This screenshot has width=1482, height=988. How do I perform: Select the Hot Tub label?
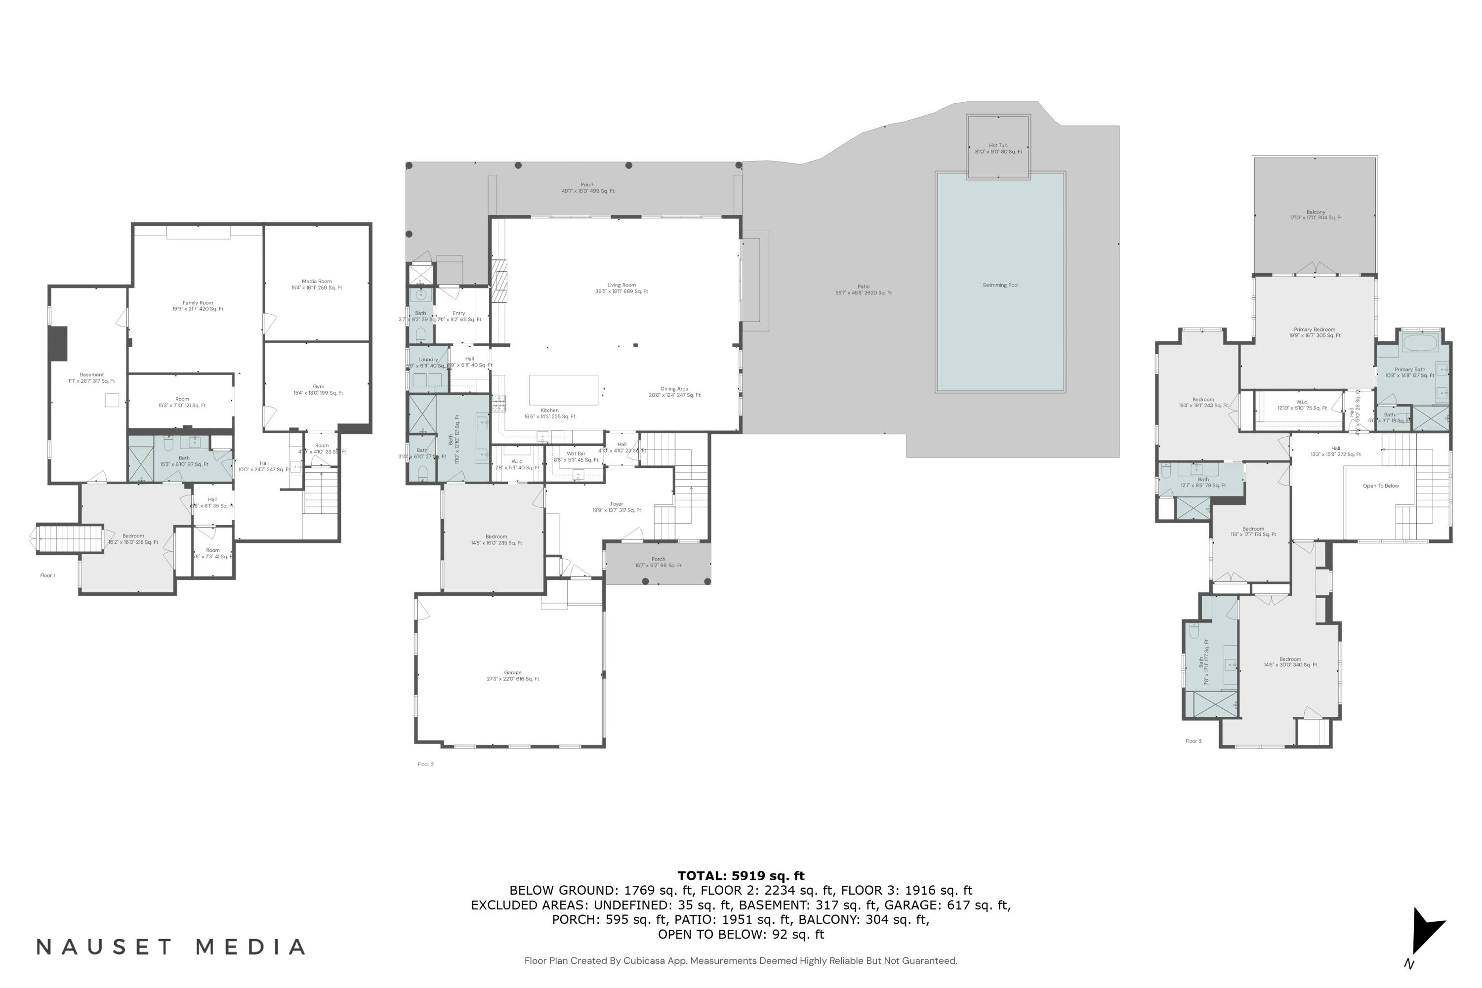(x=998, y=149)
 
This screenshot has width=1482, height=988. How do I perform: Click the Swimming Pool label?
(x=1000, y=286)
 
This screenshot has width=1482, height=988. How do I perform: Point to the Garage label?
(x=512, y=675)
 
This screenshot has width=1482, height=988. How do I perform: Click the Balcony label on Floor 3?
(x=1316, y=215)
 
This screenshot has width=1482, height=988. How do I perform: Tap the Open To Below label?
(x=1381, y=486)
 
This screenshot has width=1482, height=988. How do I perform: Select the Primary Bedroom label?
(x=1315, y=332)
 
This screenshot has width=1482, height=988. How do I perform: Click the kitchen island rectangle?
(x=563, y=389)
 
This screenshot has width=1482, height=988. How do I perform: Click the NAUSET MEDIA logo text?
(x=171, y=947)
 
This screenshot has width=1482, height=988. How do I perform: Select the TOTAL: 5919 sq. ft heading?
(x=741, y=876)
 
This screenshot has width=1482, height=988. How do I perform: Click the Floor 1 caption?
(x=47, y=576)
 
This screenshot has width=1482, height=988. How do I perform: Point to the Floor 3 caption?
(x=1193, y=741)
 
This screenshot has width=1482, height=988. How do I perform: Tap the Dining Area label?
(x=674, y=392)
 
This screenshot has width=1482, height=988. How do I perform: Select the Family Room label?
(x=198, y=306)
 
